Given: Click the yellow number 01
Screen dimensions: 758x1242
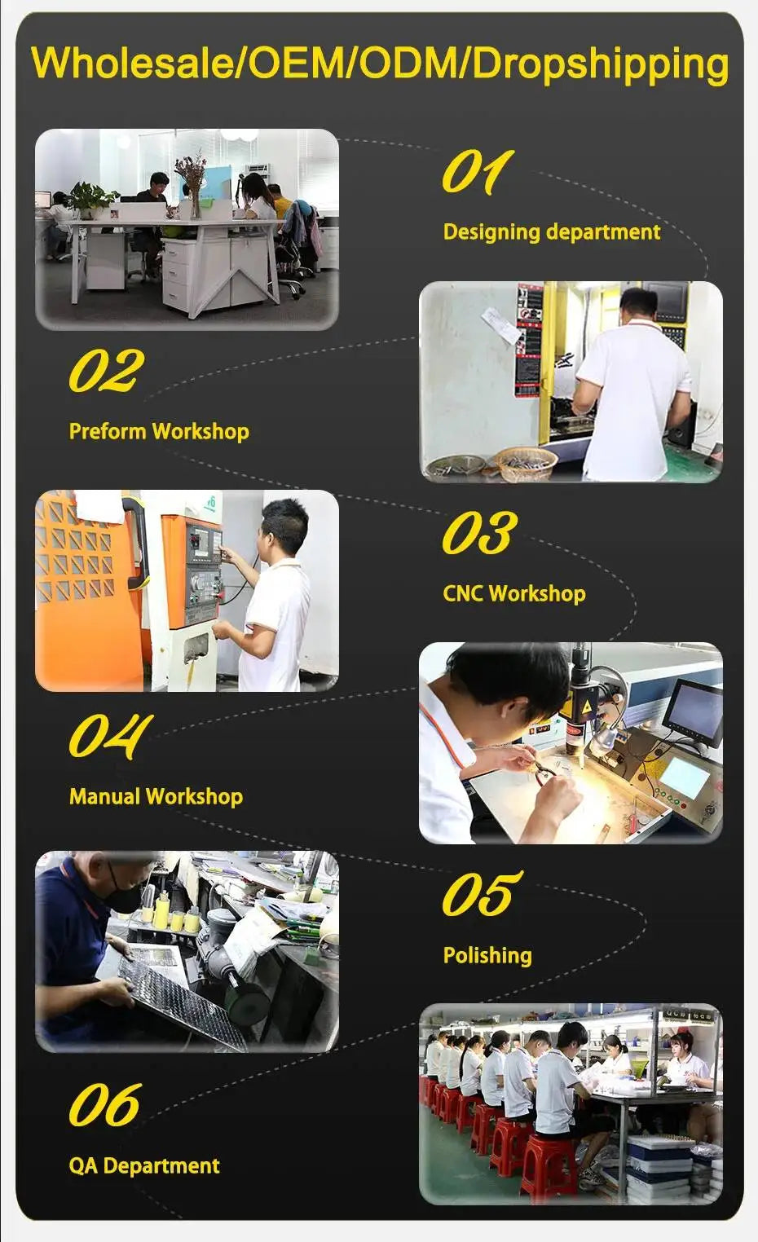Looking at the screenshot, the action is [478, 172].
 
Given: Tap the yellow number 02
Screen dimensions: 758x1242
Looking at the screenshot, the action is [107, 370].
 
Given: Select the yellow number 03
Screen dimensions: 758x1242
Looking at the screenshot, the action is [479, 532].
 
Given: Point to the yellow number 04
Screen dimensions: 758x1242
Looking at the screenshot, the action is [111, 736].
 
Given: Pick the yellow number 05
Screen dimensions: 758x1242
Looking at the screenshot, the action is [482, 893].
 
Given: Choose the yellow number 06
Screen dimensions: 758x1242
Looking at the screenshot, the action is [105, 1104].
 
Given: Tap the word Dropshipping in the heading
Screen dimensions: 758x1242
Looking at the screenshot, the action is [600, 65].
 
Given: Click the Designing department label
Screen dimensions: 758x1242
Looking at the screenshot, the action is [552, 231].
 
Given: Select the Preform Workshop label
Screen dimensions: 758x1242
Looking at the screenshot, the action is [159, 431].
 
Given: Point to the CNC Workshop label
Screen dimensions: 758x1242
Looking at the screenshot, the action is [514, 593].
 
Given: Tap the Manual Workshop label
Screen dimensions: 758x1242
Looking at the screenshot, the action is [156, 797].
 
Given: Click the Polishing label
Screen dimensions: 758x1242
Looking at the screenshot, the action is [487, 955].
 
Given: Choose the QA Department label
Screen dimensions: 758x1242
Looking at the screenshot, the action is [144, 1165].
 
